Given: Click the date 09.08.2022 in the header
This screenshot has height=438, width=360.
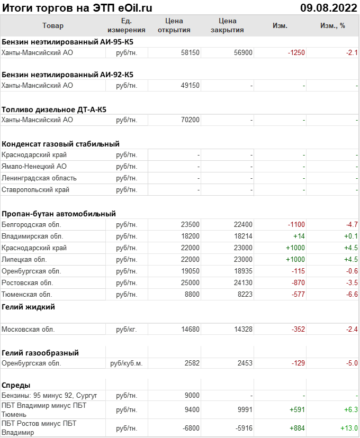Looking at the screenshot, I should [x=328, y=7].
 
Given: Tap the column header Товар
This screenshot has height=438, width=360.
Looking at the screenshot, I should [x=52, y=25].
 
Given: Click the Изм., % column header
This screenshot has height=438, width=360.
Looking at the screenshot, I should [x=332, y=25].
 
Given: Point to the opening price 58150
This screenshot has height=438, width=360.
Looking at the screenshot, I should [x=190, y=52].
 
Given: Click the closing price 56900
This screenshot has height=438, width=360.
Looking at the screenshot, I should [x=243, y=52].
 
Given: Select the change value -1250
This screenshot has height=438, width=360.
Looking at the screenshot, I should [x=296, y=52].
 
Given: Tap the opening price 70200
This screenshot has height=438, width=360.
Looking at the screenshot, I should [x=190, y=120].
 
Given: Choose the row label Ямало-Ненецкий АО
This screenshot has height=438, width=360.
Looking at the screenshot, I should [x=32, y=167].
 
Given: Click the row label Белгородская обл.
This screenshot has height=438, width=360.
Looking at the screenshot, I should [x=32, y=225].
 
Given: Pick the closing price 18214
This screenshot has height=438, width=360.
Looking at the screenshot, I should [x=243, y=236].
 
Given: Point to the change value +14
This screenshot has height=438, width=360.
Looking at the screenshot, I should [x=298, y=236].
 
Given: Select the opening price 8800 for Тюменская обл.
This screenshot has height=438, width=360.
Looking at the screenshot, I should [x=192, y=295].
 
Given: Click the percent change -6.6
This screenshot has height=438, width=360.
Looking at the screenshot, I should [x=352, y=295].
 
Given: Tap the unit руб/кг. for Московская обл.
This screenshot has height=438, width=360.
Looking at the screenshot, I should [x=126, y=330].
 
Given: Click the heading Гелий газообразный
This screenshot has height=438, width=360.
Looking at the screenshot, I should [x=40, y=353].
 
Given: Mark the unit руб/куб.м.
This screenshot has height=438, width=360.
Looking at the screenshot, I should [x=126, y=363].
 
